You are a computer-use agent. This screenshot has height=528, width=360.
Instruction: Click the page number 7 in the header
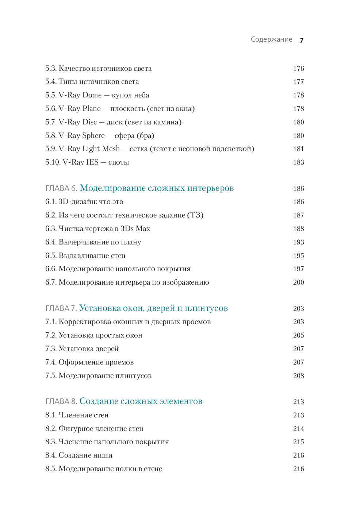(302, 40)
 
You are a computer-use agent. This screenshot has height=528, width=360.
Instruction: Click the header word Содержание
(271, 39)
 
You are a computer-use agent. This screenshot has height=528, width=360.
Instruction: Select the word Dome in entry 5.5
(92, 95)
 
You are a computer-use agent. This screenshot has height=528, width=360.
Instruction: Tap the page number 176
(298, 69)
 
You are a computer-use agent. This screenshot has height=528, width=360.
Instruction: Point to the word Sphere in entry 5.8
(93, 136)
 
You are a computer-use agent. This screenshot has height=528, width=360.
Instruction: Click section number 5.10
(53, 162)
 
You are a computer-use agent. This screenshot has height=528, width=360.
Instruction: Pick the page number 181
(298, 149)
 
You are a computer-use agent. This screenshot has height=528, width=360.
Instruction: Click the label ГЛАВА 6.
(61, 188)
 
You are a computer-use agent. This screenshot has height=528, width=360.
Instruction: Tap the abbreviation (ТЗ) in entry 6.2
(195, 215)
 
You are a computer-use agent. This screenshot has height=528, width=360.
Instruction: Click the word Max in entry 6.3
(143, 229)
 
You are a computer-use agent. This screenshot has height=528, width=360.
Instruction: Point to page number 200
(298, 282)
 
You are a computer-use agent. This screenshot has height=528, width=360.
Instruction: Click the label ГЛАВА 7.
(61, 308)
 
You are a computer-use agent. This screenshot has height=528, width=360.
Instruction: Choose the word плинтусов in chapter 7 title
(206, 308)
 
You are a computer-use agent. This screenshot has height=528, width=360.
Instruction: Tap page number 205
(298, 335)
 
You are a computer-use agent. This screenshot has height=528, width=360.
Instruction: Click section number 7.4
(51, 362)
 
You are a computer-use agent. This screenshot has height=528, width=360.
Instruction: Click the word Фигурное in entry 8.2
(76, 429)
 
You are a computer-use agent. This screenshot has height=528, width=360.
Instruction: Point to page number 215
(298, 442)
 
